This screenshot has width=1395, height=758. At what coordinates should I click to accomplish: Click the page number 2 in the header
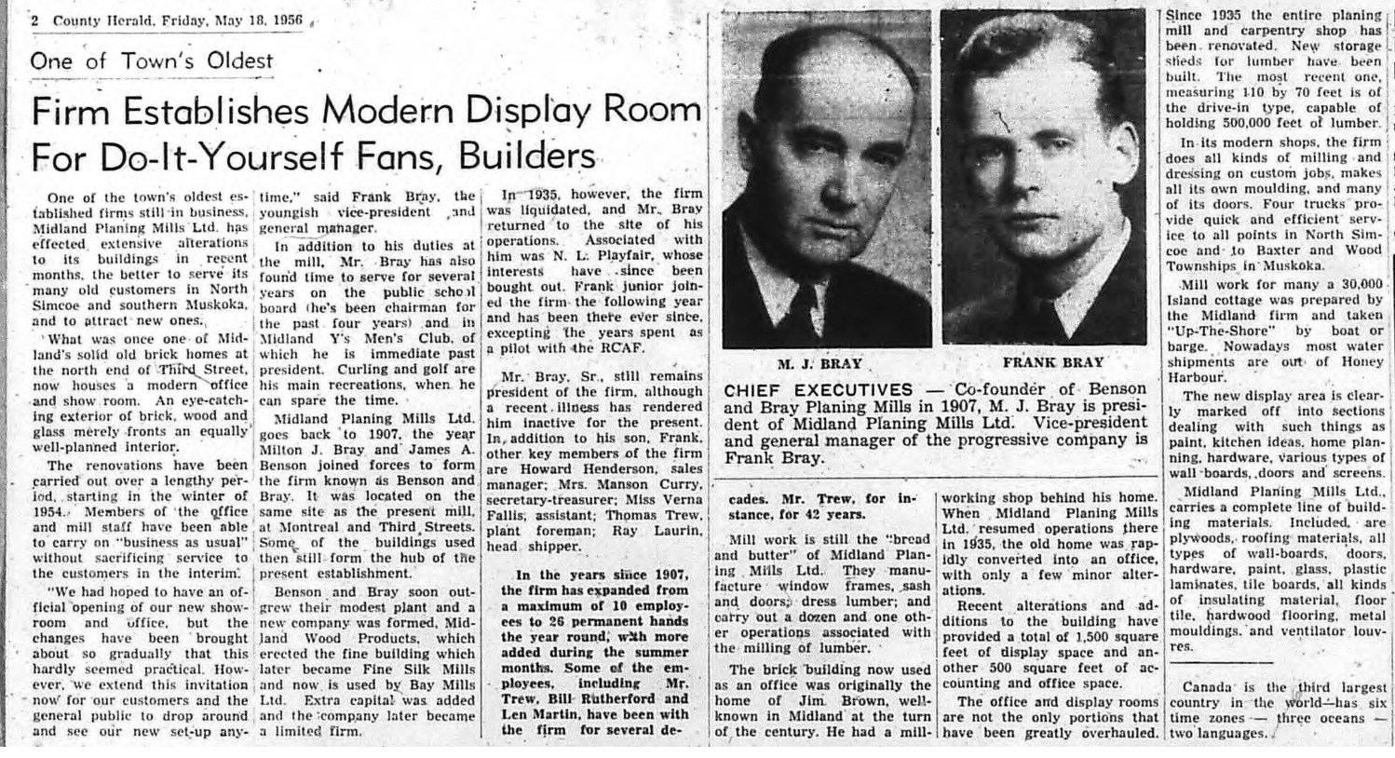(35, 20)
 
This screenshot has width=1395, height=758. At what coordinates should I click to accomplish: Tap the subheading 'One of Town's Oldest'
(152, 61)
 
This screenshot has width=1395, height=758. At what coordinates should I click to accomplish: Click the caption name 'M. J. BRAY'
(819, 364)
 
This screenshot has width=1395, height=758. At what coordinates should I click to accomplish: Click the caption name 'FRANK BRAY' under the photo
(1052, 363)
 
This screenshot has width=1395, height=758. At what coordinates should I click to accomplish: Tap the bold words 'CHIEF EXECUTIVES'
(819, 390)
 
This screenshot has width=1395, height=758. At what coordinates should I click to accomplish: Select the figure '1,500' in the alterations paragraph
(1080, 636)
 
